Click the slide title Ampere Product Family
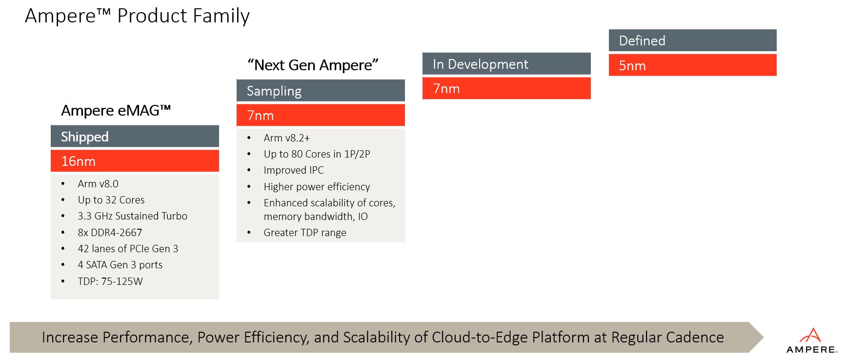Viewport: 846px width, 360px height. pos(137,16)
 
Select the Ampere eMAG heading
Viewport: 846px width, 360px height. pos(116,111)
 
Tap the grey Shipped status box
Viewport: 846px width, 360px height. pos(135,137)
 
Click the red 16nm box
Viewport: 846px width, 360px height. pos(135,161)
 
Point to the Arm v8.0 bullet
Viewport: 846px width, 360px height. pos(98,184)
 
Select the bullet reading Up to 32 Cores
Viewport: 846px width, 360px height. pos(111,200)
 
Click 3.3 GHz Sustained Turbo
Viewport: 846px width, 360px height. pos(132,216)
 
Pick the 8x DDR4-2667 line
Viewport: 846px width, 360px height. pos(110,233)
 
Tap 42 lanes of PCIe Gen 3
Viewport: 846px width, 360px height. pos(128,249)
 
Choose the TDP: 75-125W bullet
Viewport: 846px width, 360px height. pos(110,281)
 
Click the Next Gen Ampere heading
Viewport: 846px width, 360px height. pos(313,65)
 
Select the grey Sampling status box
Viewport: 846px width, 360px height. pos(321,91)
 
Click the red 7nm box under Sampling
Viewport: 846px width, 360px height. pos(321,115)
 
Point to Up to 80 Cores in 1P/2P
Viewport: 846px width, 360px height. pos(317,154)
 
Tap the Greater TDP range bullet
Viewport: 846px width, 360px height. pos(305,233)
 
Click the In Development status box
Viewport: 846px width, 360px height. pos(506,64)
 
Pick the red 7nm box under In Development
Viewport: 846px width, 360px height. pos(506,88)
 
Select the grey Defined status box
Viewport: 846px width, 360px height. pos(692,40)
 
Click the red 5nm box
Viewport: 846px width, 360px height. pos(692,65)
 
